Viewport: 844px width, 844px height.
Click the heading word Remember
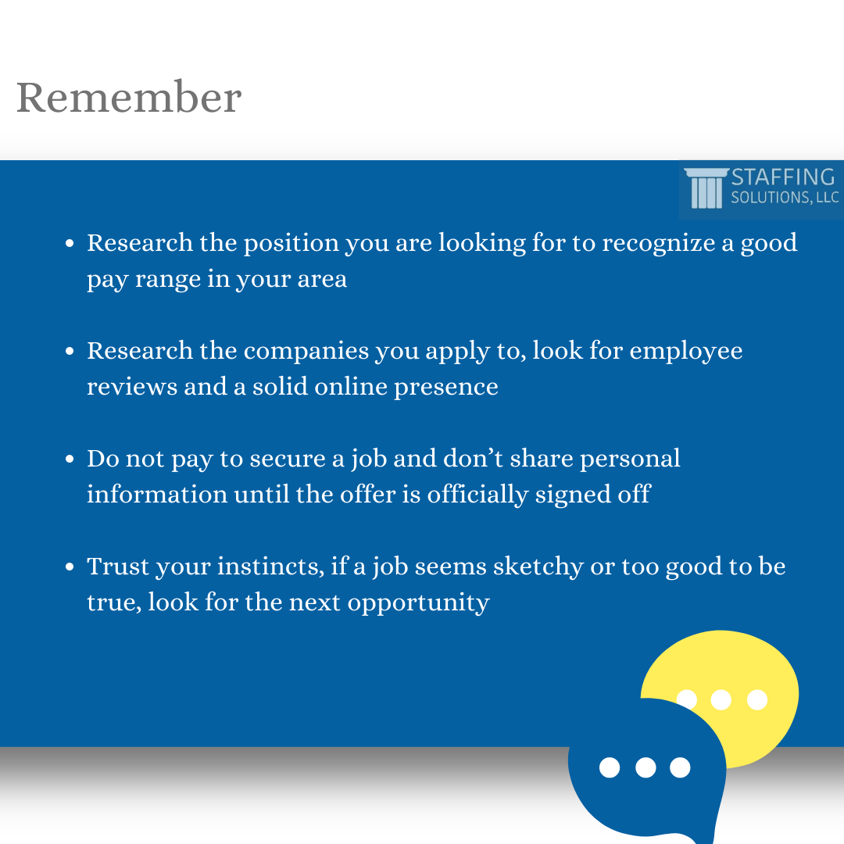[x=129, y=97]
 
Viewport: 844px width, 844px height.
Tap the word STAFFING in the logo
[x=783, y=177]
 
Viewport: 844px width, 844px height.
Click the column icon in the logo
[x=706, y=188]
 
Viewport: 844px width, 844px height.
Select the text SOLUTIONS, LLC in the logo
[x=785, y=198]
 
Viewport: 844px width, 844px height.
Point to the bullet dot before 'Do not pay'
[x=70, y=460]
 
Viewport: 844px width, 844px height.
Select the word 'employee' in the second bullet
[x=686, y=352]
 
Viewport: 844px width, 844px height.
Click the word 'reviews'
[x=132, y=387]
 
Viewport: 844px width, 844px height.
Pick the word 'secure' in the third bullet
[x=288, y=460]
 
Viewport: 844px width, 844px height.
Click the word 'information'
[x=157, y=494]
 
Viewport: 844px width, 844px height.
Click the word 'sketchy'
[x=538, y=567]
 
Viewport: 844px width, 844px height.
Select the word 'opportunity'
[x=419, y=603]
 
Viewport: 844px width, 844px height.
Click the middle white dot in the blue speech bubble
[x=646, y=767]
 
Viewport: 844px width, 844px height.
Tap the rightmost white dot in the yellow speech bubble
[x=757, y=699]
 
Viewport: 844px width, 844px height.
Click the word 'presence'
[x=446, y=388]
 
